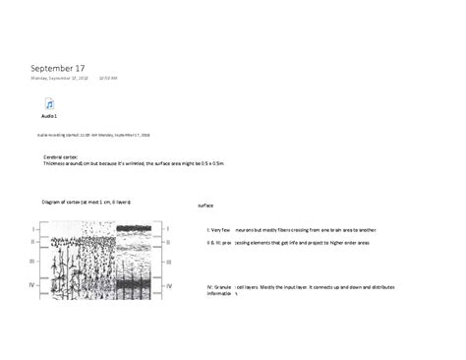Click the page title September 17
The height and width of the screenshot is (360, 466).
tap(65, 68)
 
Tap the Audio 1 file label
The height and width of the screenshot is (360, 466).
tap(48, 115)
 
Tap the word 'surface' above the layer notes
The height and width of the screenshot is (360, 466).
tap(205, 206)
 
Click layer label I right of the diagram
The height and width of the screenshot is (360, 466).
tap(167, 228)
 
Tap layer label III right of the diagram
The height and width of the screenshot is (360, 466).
tap(167, 263)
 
